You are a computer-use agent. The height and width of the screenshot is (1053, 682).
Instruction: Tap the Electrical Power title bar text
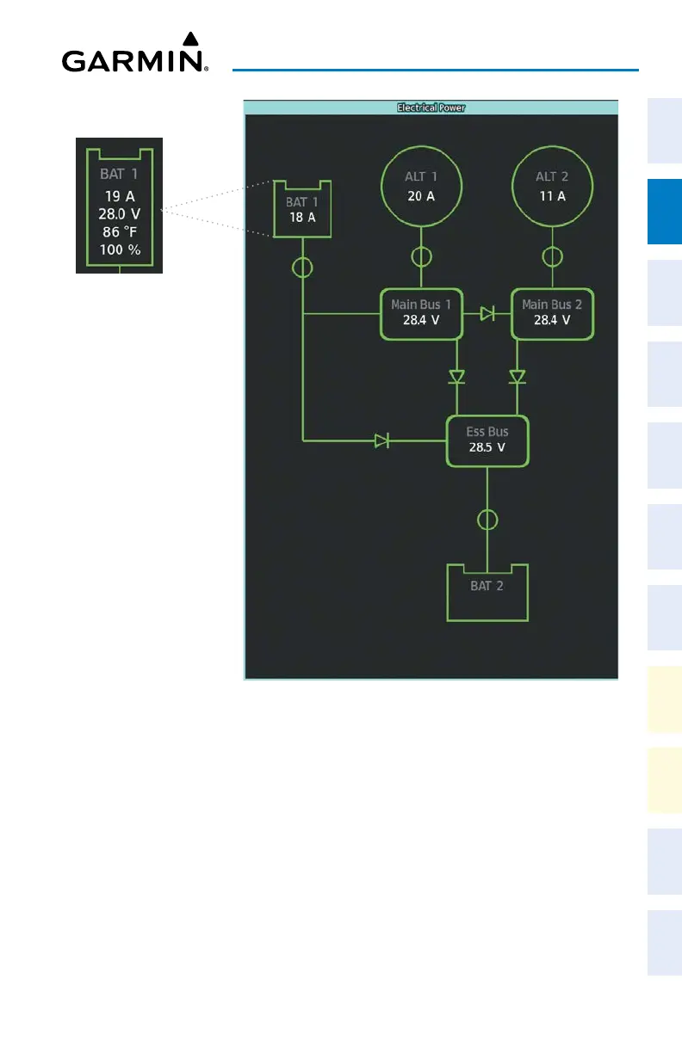(431, 108)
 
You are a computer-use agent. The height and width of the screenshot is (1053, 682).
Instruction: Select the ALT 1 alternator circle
(421, 184)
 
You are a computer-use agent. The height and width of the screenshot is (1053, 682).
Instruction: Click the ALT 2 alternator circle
(551, 184)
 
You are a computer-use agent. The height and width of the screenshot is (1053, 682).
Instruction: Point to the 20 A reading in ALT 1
(421, 196)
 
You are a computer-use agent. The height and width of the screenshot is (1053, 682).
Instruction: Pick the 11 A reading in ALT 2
(551, 196)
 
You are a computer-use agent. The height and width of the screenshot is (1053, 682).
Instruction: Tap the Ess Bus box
(487, 441)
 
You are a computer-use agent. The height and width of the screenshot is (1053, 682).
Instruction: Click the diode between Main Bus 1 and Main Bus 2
(487, 313)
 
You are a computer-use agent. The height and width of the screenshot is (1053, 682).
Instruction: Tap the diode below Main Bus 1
(456, 377)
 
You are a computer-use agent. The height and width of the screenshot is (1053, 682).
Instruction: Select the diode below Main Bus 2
(517, 377)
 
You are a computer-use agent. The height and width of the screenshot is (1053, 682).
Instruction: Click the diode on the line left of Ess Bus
(381, 441)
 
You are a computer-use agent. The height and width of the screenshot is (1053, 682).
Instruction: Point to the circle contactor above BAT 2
(487, 520)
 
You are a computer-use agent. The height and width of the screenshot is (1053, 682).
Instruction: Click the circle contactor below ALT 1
(421, 256)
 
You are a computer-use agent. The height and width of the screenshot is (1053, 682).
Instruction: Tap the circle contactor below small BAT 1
(302, 268)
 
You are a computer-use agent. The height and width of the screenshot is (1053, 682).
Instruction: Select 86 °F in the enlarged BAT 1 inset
(119, 231)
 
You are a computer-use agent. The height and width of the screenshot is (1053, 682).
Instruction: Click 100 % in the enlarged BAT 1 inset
(119, 250)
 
